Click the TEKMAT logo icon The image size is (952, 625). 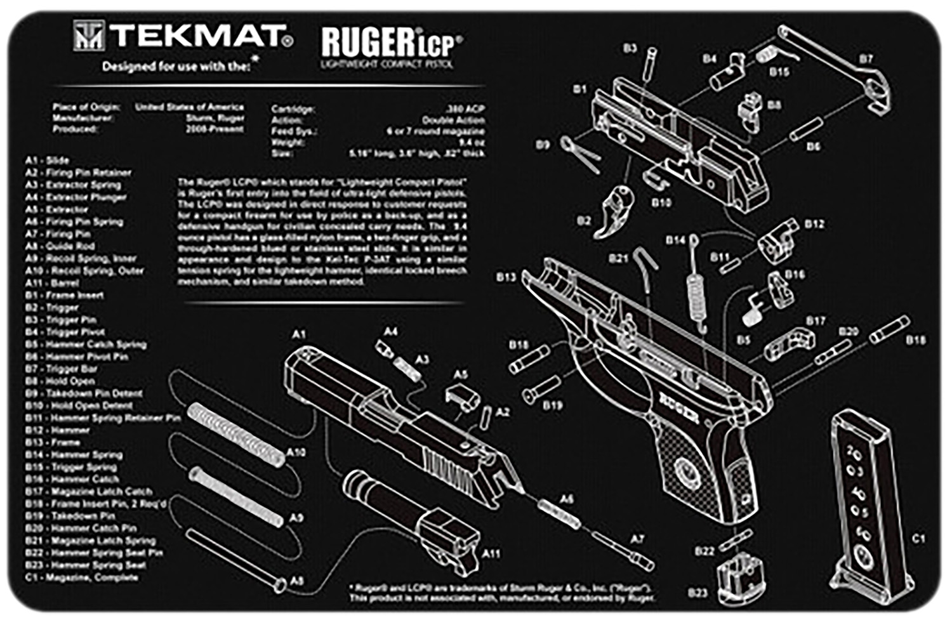point(88,36)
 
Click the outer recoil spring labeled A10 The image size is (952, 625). point(237,435)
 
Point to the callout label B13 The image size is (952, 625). point(506,277)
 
